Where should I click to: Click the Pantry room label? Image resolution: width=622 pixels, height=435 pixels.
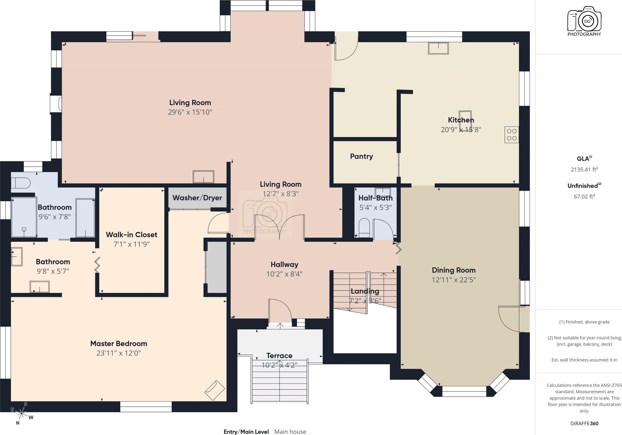pos(361,156)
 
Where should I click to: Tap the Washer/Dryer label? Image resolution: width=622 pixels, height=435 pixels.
pos(197,198)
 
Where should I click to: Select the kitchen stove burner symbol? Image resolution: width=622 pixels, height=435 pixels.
pos(511,135)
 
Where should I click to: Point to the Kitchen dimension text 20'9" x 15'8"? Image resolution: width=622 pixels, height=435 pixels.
pos(461,129)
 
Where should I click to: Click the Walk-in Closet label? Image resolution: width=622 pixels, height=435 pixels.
pos(131,235)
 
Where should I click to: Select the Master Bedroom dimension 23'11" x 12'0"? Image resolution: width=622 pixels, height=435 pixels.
pos(119,353)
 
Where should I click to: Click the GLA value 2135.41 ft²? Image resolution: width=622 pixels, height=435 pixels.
pos(584,169)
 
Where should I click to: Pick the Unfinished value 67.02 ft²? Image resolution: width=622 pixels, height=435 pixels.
pos(584,196)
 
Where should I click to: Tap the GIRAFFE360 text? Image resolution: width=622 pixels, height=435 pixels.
pos(584,423)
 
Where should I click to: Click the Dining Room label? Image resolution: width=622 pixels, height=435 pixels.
pos(453,270)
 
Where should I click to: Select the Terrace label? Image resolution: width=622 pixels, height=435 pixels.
pos(279,356)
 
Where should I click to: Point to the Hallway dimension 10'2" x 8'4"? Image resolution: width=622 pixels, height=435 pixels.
pos(284,274)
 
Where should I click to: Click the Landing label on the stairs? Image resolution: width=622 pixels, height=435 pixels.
pos(365,291)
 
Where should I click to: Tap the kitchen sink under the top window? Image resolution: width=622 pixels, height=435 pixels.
pos(438,48)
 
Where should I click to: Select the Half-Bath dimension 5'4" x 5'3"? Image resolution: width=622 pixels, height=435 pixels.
pos(375,208)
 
